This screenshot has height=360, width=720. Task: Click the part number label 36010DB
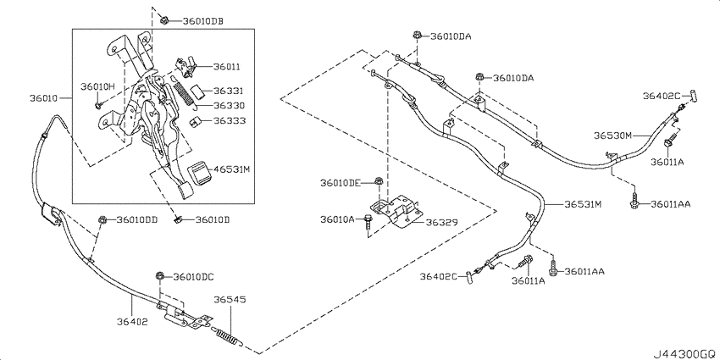click(203, 20)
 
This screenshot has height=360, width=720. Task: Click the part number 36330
click(229, 106)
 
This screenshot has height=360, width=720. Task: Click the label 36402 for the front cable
click(132, 322)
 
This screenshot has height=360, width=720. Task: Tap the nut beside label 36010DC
click(160, 276)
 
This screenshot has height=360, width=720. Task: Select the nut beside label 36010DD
click(102, 220)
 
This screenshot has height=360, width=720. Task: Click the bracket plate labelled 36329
click(396, 209)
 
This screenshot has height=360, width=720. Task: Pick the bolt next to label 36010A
click(368, 222)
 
